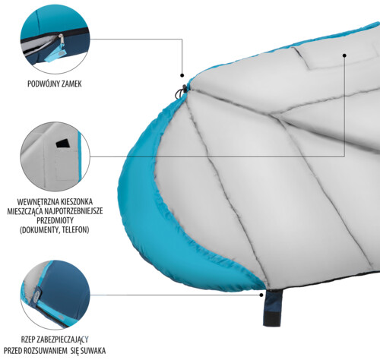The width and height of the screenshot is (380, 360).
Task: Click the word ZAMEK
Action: [x=71, y=84]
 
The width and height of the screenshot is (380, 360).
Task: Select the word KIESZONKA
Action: [x=73, y=202]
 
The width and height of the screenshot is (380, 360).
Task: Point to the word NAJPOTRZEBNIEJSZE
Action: [x=74, y=211]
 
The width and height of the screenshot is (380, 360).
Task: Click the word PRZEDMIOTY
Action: [x=55, y=220]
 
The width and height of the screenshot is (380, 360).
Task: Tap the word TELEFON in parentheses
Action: [x=75, y=230]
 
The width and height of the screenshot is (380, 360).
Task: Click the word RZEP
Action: [x=27, y=339]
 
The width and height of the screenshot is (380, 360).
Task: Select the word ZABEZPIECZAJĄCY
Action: [x=62, y=339]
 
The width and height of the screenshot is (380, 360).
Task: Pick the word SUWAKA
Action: [x=93, y=351]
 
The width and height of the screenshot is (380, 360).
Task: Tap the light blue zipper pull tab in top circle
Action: [x=55, y=55]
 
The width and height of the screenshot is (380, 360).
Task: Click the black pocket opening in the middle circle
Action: [x=63, y=144]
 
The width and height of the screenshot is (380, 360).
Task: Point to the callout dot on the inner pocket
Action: [x=344, y=55]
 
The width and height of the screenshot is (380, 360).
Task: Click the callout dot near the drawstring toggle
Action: [x=182, y=75]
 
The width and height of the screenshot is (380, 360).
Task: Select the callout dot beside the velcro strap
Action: [x=261, y=295]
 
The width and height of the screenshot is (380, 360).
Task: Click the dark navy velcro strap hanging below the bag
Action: [x=273, y=308]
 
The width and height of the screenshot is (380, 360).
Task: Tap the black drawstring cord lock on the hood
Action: [x=181, y=92]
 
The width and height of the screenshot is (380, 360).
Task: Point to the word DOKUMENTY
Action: [x=40, y=230]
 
